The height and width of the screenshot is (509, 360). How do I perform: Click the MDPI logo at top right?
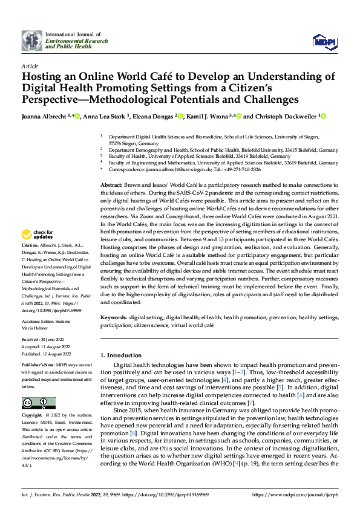pyautogui.click(x=324, y=41)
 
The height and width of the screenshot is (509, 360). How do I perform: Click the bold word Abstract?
pyautogui.click(x=112, y=183)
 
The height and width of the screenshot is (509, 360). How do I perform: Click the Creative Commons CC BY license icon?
pyautogui.click(x=38, y=403)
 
